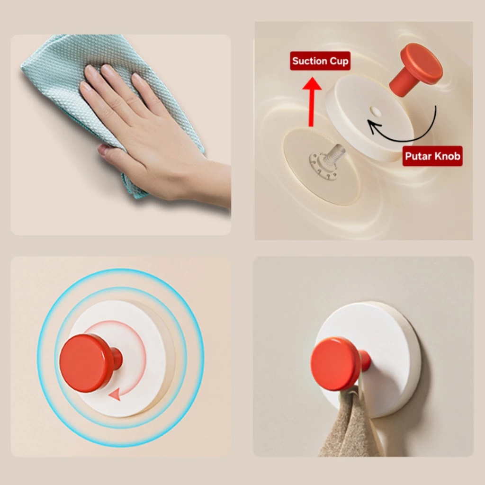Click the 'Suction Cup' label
[320, 61]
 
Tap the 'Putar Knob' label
[432, 156]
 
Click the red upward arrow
[312, 102]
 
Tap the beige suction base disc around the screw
[322, 167]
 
